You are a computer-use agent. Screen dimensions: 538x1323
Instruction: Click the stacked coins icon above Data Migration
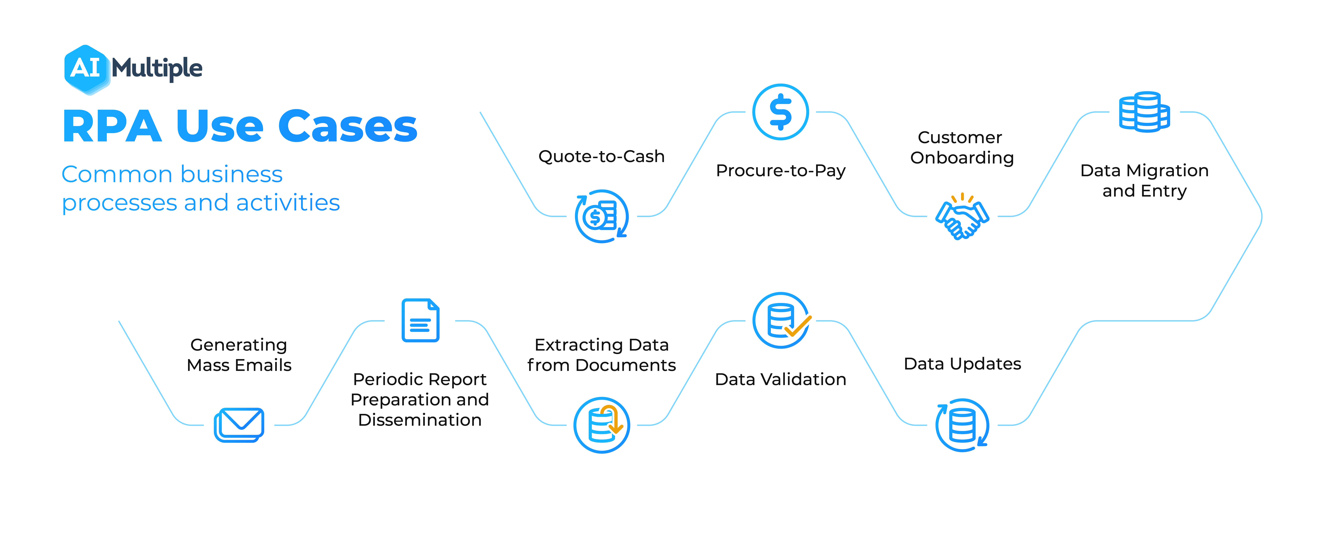(x=1144, y=112)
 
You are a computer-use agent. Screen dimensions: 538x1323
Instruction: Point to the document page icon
(x=420, y=320)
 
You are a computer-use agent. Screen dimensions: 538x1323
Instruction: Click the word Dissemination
(x=420, y=420)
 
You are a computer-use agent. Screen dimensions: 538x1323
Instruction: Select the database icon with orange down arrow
(x=601, y=425)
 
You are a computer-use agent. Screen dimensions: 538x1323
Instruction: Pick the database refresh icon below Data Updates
(x=962, y=425)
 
